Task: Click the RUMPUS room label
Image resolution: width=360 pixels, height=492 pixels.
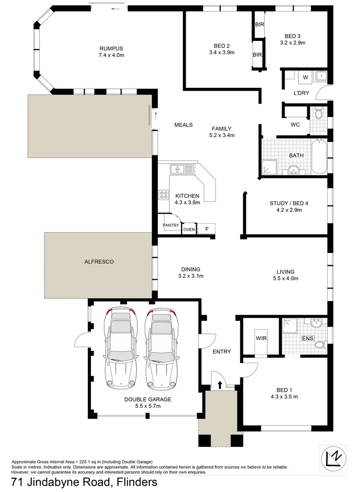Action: (112, 49)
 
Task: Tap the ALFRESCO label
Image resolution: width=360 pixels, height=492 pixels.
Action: (98, 261)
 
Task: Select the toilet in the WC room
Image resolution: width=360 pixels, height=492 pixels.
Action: (318, 113)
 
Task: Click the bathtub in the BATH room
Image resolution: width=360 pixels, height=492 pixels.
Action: (319, 157)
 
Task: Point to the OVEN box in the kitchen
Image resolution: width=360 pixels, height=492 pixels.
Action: (189, 229)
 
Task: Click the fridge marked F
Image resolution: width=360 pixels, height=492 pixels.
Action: (207, 229)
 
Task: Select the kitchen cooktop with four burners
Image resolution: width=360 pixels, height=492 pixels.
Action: (163, 195)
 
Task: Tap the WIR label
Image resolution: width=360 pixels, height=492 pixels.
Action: (261, 338)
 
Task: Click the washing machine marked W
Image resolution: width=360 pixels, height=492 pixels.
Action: (305, 77)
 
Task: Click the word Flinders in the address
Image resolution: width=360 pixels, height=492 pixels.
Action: (137, 482)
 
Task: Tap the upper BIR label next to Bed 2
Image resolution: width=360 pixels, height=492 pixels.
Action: (259, 24)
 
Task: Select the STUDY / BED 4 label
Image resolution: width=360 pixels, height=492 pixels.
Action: (286, 203)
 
